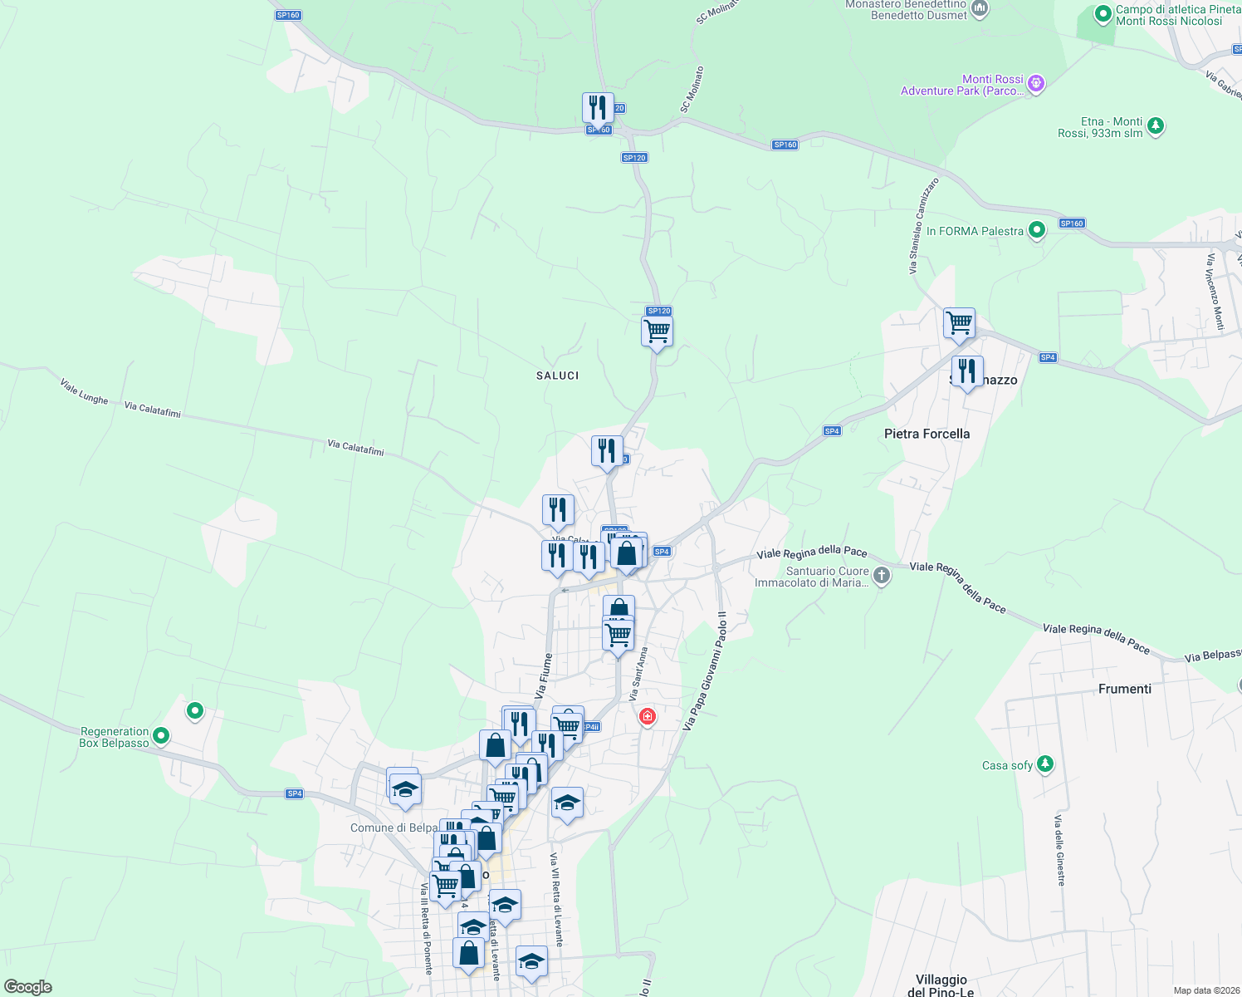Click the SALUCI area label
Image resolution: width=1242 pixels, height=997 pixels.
pyautogui.click(x=557, y=376)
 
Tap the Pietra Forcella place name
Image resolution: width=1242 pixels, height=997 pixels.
pyautogui.click(x=927, y=434)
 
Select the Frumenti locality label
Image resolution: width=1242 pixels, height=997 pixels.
pyautogui.click(x=1124, y=689)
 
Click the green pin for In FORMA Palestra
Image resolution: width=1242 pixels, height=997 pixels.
pyautogui.click(x=1036, y=230)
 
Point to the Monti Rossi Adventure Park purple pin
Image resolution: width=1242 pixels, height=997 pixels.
pyautogui.click(x=1035, y=83)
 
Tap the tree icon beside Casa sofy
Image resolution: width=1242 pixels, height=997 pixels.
pyautogui.click(x=1045, y=764)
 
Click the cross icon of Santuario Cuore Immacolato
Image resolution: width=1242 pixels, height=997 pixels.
pyautogui.click(x=882, y=575)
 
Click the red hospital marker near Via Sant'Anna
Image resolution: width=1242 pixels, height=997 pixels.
pyautogui.click(x=647, y=716)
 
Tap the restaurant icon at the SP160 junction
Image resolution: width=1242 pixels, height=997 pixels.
pyautogui.click(x=597, y=108)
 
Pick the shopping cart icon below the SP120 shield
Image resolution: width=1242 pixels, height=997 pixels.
pyautogui.click(x=657, y=332)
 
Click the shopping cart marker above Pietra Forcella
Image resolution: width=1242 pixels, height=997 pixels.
pyautogui.click(x=959, y=322)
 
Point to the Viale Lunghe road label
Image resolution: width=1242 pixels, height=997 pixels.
pyautogui.click(x=84, y=391)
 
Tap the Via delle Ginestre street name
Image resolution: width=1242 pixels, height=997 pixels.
pyautogui.click(x=1059, y=850)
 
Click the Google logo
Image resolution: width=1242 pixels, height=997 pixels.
pyautogui.click(x=27, y=987)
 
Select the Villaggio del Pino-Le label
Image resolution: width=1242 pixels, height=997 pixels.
pyautogui.click(x=941, y=985)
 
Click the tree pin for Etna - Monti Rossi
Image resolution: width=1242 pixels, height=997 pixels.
pyautogui.click(x=1155, y=126)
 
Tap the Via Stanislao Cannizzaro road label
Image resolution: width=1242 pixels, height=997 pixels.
pyautogui.click(x=923, y=225)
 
